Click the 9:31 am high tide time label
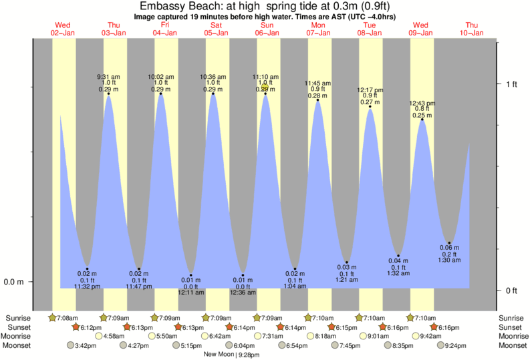pos(108,76)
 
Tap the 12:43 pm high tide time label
pos(422,103)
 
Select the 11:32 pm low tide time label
pos(87,286)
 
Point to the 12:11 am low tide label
pos(190,293)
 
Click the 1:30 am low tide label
pos(450,260)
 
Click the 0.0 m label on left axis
pos(14,281)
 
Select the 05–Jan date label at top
pos(216,33)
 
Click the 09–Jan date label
pos(422,33)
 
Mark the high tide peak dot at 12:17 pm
pos(370,106)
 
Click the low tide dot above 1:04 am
pos(295,268)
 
